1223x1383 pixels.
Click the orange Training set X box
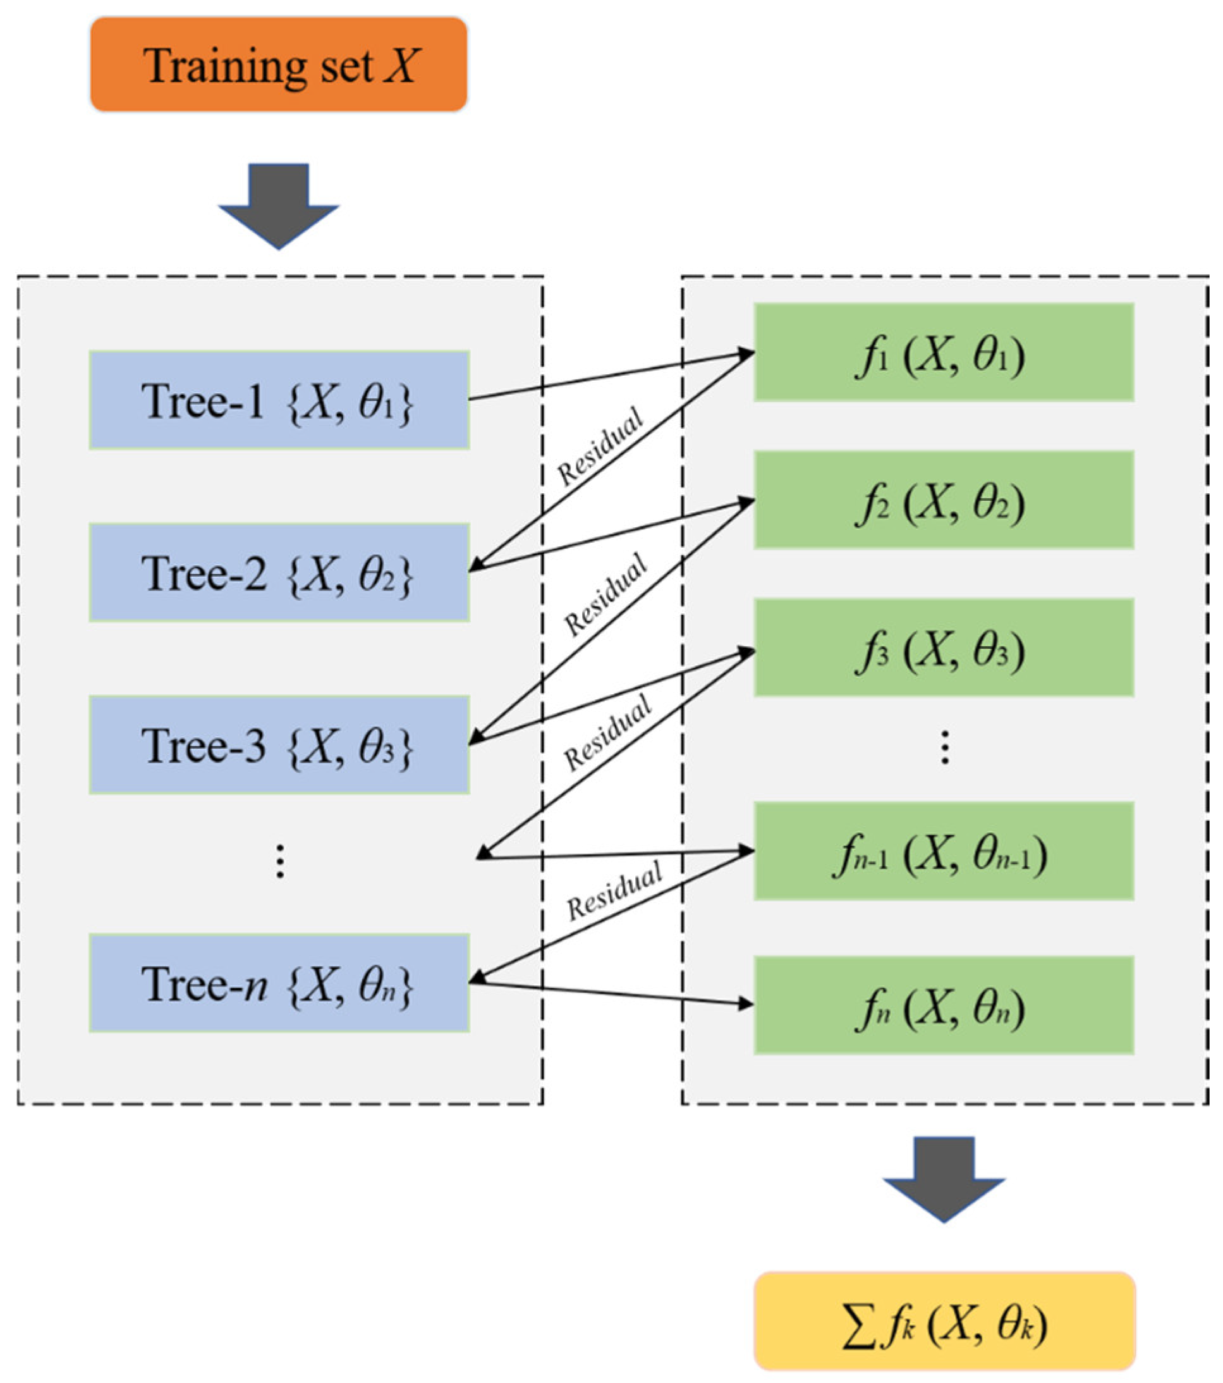[x=279, y=65]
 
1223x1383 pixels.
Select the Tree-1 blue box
[x=279, y=400]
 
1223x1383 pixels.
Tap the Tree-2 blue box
[x=279, y=572]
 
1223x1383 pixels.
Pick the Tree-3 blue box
[x=279, y=744]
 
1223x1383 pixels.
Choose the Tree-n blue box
[x=279, y=983]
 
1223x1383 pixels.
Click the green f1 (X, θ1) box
[x=944, y=352]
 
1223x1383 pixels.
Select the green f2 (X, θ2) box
[x=944, y=500]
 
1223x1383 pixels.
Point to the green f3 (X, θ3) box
[x=944, y=648]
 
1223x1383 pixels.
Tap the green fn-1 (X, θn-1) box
[x=944, y=851]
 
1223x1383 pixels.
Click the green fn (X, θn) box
[x=944, y=1005]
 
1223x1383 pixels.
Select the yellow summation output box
[x=944, y=1322]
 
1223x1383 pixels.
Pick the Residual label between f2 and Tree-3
[x=605, y=594]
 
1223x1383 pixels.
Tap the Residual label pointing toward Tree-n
[x=614, y=891]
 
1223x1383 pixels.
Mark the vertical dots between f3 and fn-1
[x=945, y=747]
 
